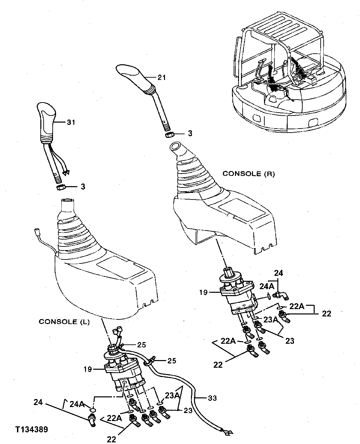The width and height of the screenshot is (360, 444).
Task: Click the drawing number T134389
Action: coord(31,429)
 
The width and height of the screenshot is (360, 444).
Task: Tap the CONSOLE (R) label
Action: coord(249,174)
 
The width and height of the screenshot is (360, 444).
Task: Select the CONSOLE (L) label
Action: coord(64,322)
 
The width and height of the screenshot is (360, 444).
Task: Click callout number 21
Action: coord(162,78)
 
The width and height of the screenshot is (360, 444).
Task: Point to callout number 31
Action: coord(71,123)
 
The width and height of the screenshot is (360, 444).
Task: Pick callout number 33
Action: coord(212,398)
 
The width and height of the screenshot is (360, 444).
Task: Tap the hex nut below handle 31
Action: coord(60,188)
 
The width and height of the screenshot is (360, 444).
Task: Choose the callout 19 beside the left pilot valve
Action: coord(88,369)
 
